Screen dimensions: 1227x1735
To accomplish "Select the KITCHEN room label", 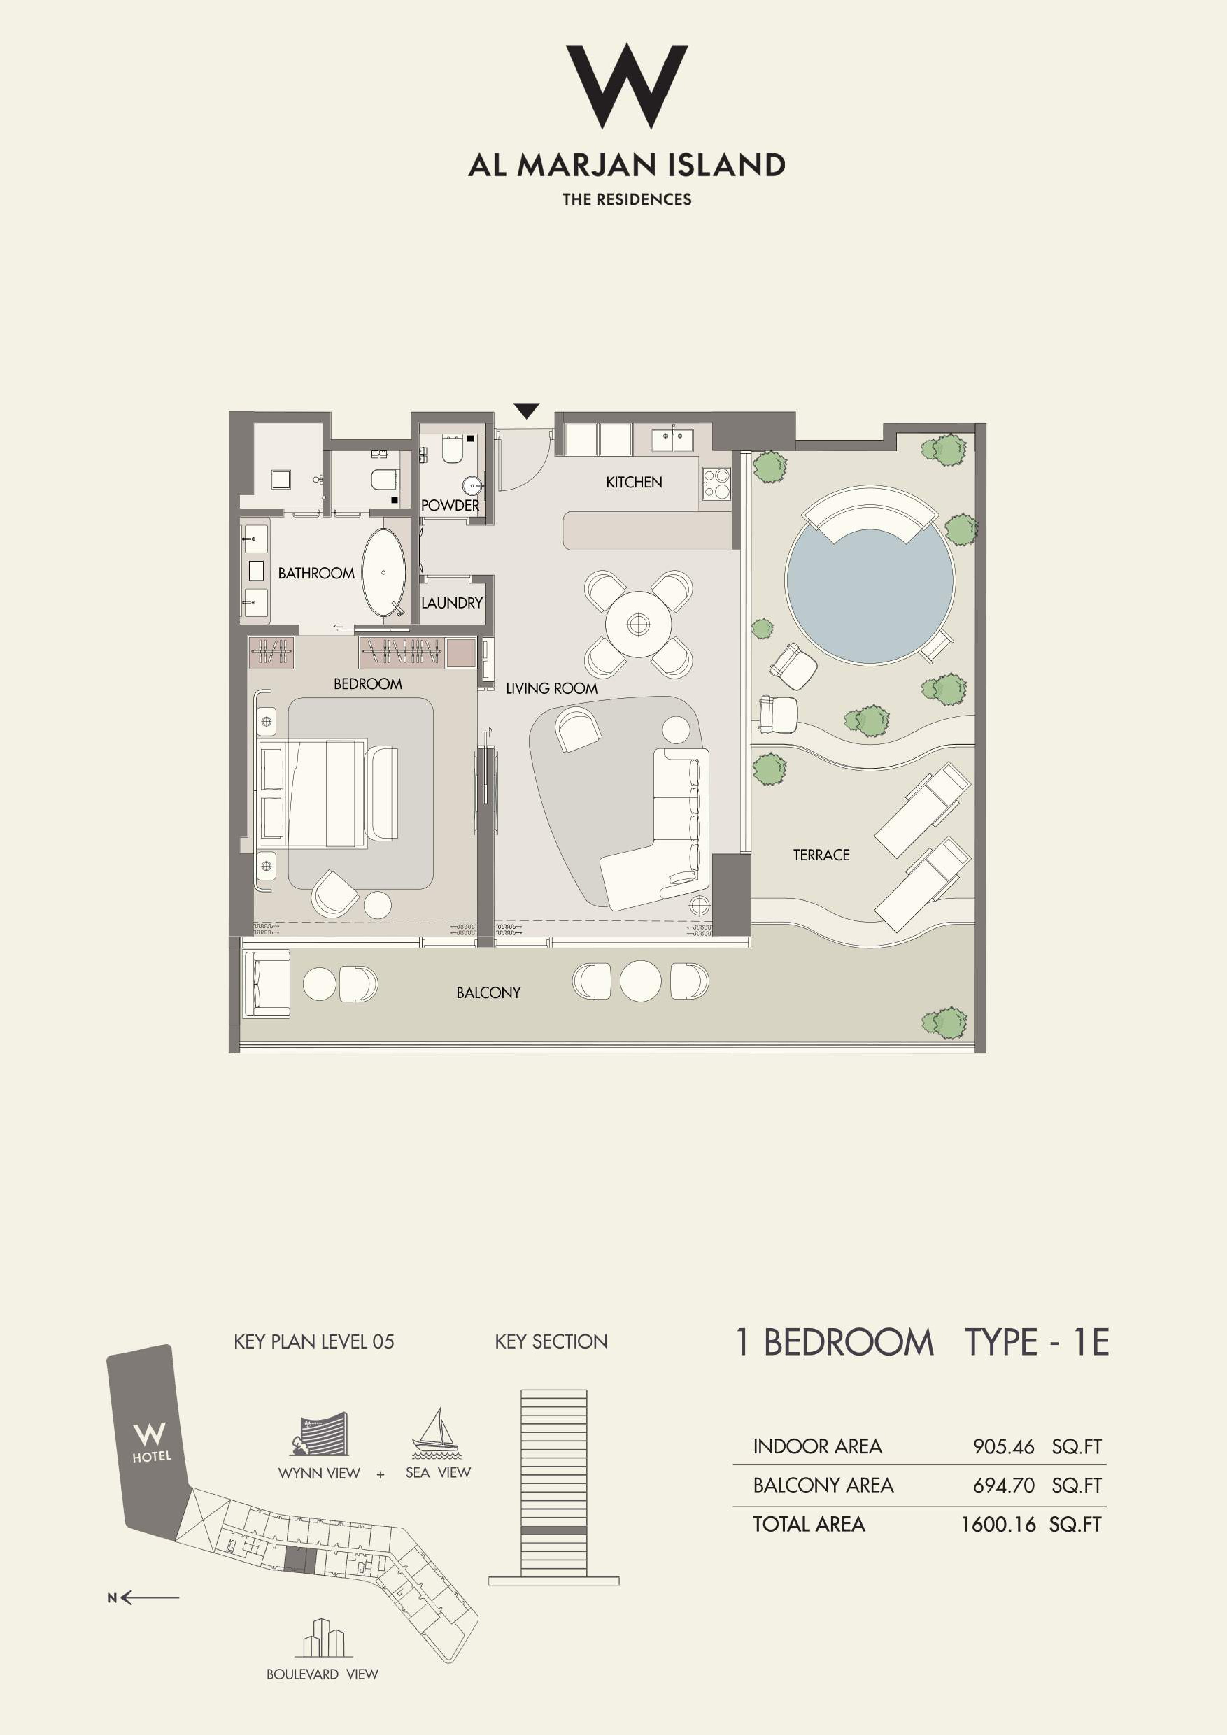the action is (x=634, y=482).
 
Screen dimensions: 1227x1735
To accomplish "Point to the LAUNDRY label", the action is (x=452, y=603).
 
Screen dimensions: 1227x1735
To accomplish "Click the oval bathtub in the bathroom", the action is (x=384, y=572).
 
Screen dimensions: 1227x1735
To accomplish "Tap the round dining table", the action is (x=639, y=624).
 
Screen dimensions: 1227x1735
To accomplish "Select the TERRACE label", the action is (x=821, y=855).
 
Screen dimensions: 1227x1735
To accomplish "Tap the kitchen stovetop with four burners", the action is (x=716, y=484).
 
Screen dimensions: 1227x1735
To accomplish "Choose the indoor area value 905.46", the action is (x=1003, y=1446).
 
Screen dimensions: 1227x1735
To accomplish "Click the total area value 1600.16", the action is (x=997, y=1524).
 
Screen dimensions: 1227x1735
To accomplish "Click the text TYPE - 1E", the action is (x=1037, y=1342).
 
